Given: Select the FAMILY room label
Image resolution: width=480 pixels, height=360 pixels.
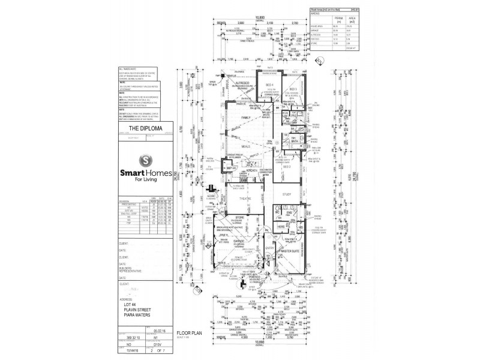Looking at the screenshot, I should point(245,118).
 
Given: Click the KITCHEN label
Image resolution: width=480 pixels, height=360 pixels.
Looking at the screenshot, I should point(251,171).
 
